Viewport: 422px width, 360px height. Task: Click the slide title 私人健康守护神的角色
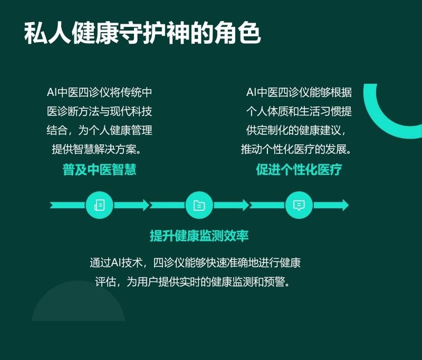click(142, 33)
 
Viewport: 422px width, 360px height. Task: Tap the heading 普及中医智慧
click(99, 170)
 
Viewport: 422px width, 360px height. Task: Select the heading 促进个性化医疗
click(299, 170)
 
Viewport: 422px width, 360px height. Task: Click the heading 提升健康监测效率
click(199, 236)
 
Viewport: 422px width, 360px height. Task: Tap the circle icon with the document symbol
click(99, 205)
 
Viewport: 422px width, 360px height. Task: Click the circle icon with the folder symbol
click(199, 205)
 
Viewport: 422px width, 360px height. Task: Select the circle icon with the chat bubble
click(299, 205)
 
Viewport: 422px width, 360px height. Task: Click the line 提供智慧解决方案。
click(97, 149)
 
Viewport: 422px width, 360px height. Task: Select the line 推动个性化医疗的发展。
click(296, 149)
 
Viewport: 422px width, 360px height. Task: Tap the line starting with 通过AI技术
click(195, 262)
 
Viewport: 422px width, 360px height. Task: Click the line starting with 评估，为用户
click(193, 282)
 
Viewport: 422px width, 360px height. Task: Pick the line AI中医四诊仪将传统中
click(99, 92)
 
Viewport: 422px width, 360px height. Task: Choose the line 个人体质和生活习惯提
click(299, 111)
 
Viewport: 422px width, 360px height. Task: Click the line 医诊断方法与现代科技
click(99, 111)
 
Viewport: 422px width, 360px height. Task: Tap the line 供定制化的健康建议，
click(296, 130)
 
